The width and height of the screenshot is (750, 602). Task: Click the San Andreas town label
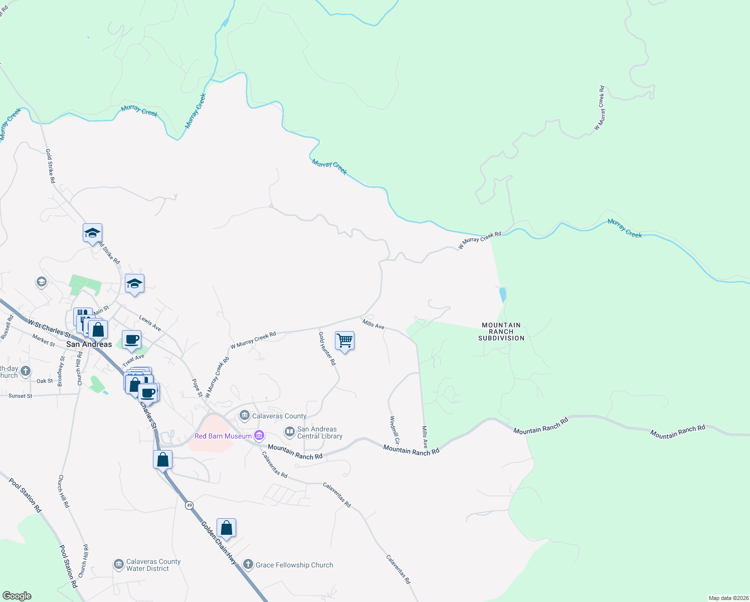(89, 344)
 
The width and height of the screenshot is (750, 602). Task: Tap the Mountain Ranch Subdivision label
(501, 332)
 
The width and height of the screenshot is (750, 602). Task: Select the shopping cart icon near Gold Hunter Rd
(345, 341)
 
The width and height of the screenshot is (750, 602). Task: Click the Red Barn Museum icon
(259, 436)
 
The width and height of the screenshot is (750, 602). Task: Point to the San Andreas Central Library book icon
(289, 431)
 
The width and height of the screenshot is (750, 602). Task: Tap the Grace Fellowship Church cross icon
(248, 564)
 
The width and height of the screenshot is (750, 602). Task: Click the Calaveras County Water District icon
(119, 565)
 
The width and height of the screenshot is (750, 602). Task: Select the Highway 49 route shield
(189, 505)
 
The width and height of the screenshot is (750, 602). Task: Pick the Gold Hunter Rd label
(327, 348)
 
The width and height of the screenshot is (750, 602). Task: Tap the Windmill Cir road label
(395, 430)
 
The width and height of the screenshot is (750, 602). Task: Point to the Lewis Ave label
(150, 323)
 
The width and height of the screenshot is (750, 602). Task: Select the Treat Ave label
(133, 360)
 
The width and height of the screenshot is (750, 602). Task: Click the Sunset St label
(21, 396)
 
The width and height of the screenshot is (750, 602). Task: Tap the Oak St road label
(45, 381)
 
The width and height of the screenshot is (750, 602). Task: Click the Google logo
(17, 596)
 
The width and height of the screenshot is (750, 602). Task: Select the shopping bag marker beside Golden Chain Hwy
(226, 529)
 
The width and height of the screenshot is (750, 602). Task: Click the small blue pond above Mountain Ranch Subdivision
(502, 294)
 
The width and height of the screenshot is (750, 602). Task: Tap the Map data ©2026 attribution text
(728, 598)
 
